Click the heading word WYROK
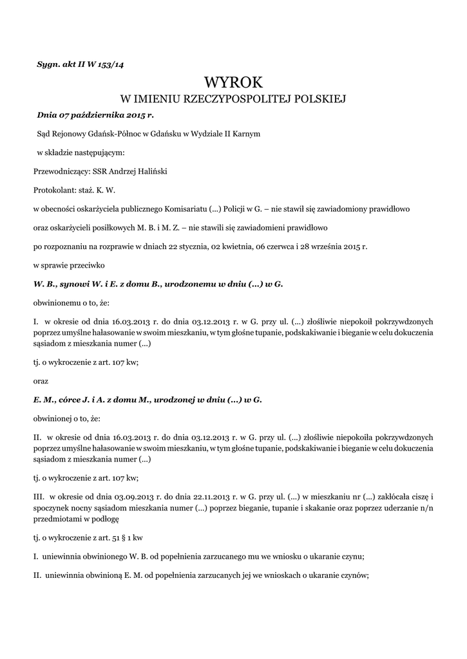coord(233,83)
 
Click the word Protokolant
coord(54,190)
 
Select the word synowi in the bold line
coord(77,284)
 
